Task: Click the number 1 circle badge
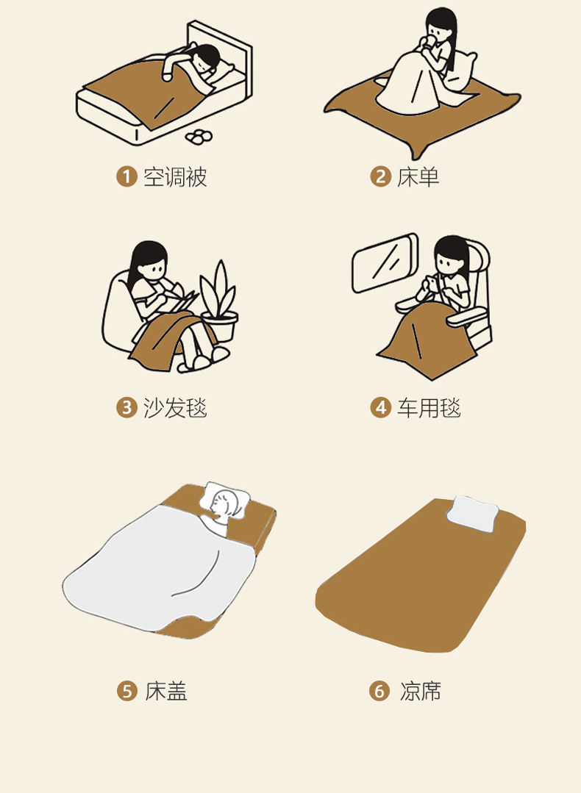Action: tap(126, 177)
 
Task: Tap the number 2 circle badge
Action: tap(380, 177)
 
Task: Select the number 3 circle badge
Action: tap(126, 408)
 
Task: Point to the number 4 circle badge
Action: tap(380, 408)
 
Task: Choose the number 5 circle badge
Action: tap(127, 691)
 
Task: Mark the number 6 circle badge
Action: tap(379, 691)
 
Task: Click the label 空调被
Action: tap(175, 177)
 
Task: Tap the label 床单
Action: tap(418, 177)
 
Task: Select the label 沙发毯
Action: tap(175, 408)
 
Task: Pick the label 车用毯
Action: tap(429, 408)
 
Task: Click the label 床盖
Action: tap(166, 691)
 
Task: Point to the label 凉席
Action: tap(420, 691)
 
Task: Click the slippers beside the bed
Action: tap(199, 136)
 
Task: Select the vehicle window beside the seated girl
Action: tap(385, 263)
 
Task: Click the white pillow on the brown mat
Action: tap(472, 514)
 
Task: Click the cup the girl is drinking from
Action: tap(429, 40)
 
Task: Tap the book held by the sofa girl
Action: tap(184, 302)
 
